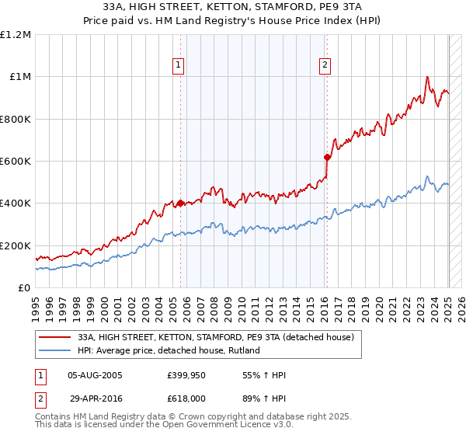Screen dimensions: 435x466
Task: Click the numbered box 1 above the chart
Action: [x=179, y=65]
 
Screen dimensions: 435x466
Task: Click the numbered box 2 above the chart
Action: [x=324, y=65]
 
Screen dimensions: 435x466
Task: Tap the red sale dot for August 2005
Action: [x=180, y=204]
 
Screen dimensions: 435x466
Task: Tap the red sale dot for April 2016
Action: [x=327, y=157]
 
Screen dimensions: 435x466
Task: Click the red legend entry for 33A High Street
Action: [x=216, y=337]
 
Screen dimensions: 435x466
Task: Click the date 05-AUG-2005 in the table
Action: [x=95, y=376]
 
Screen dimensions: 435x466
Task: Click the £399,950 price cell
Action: [x=186, y=376]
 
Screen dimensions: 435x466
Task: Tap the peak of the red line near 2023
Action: [x=427, y=77]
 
